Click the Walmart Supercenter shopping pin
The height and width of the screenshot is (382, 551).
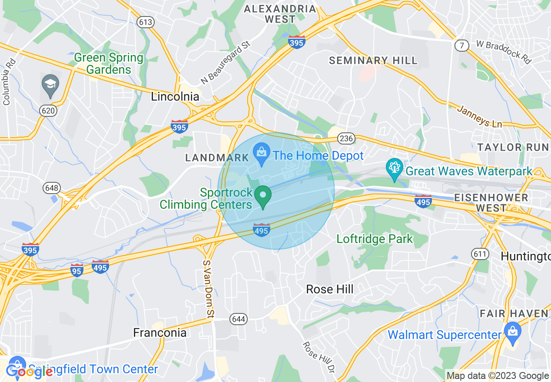tap(513, 332)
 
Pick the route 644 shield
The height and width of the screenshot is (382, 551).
tap(239, 319)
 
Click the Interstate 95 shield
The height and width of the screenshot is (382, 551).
tap(77, 269)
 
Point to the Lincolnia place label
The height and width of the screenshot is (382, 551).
tap(175, 97)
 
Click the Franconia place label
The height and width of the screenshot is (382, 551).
tap(159, 333)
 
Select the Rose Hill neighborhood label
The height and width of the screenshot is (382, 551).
tap(329, 289)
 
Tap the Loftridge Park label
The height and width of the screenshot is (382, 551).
tap(375, 239)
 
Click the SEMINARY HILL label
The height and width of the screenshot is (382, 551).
tap(373, 60)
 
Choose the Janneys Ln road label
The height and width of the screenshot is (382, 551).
tap(479, 116)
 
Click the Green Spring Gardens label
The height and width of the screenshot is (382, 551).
tap(109, 63)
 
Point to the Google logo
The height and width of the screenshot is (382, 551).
tap(29, 372)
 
